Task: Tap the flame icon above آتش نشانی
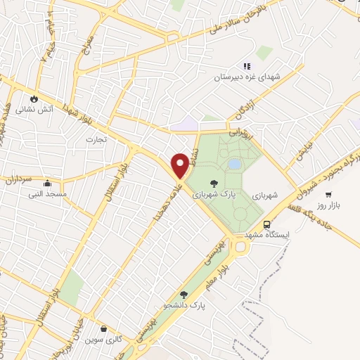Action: click(x=33, y=98)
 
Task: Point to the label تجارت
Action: click(x=96, y=139)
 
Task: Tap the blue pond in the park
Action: click(x=233, y=163)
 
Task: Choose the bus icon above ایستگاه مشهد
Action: click(x=266, y=224)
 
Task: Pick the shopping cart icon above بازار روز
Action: click(x=328, y=175)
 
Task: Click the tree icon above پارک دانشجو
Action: click(x=184, y=295)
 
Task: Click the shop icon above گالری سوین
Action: click(x=104, y=328)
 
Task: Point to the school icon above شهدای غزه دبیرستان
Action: click(x=247, y=66)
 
